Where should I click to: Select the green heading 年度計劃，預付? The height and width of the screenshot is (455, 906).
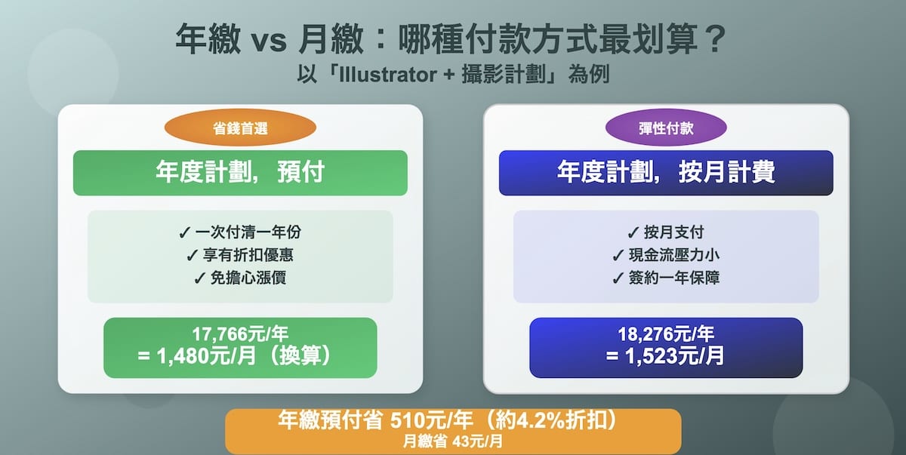pos(240,173)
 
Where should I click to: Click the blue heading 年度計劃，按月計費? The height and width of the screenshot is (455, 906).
pos(666,173)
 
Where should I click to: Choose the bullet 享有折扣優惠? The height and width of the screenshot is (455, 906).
pos(240,255)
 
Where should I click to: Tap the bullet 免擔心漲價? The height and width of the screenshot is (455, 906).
pos(240,278)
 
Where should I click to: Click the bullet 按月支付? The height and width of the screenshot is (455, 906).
pos(666,232)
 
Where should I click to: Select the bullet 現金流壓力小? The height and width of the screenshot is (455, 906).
pos(666,255)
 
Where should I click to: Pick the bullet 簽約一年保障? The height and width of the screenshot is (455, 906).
pos(666,278)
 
